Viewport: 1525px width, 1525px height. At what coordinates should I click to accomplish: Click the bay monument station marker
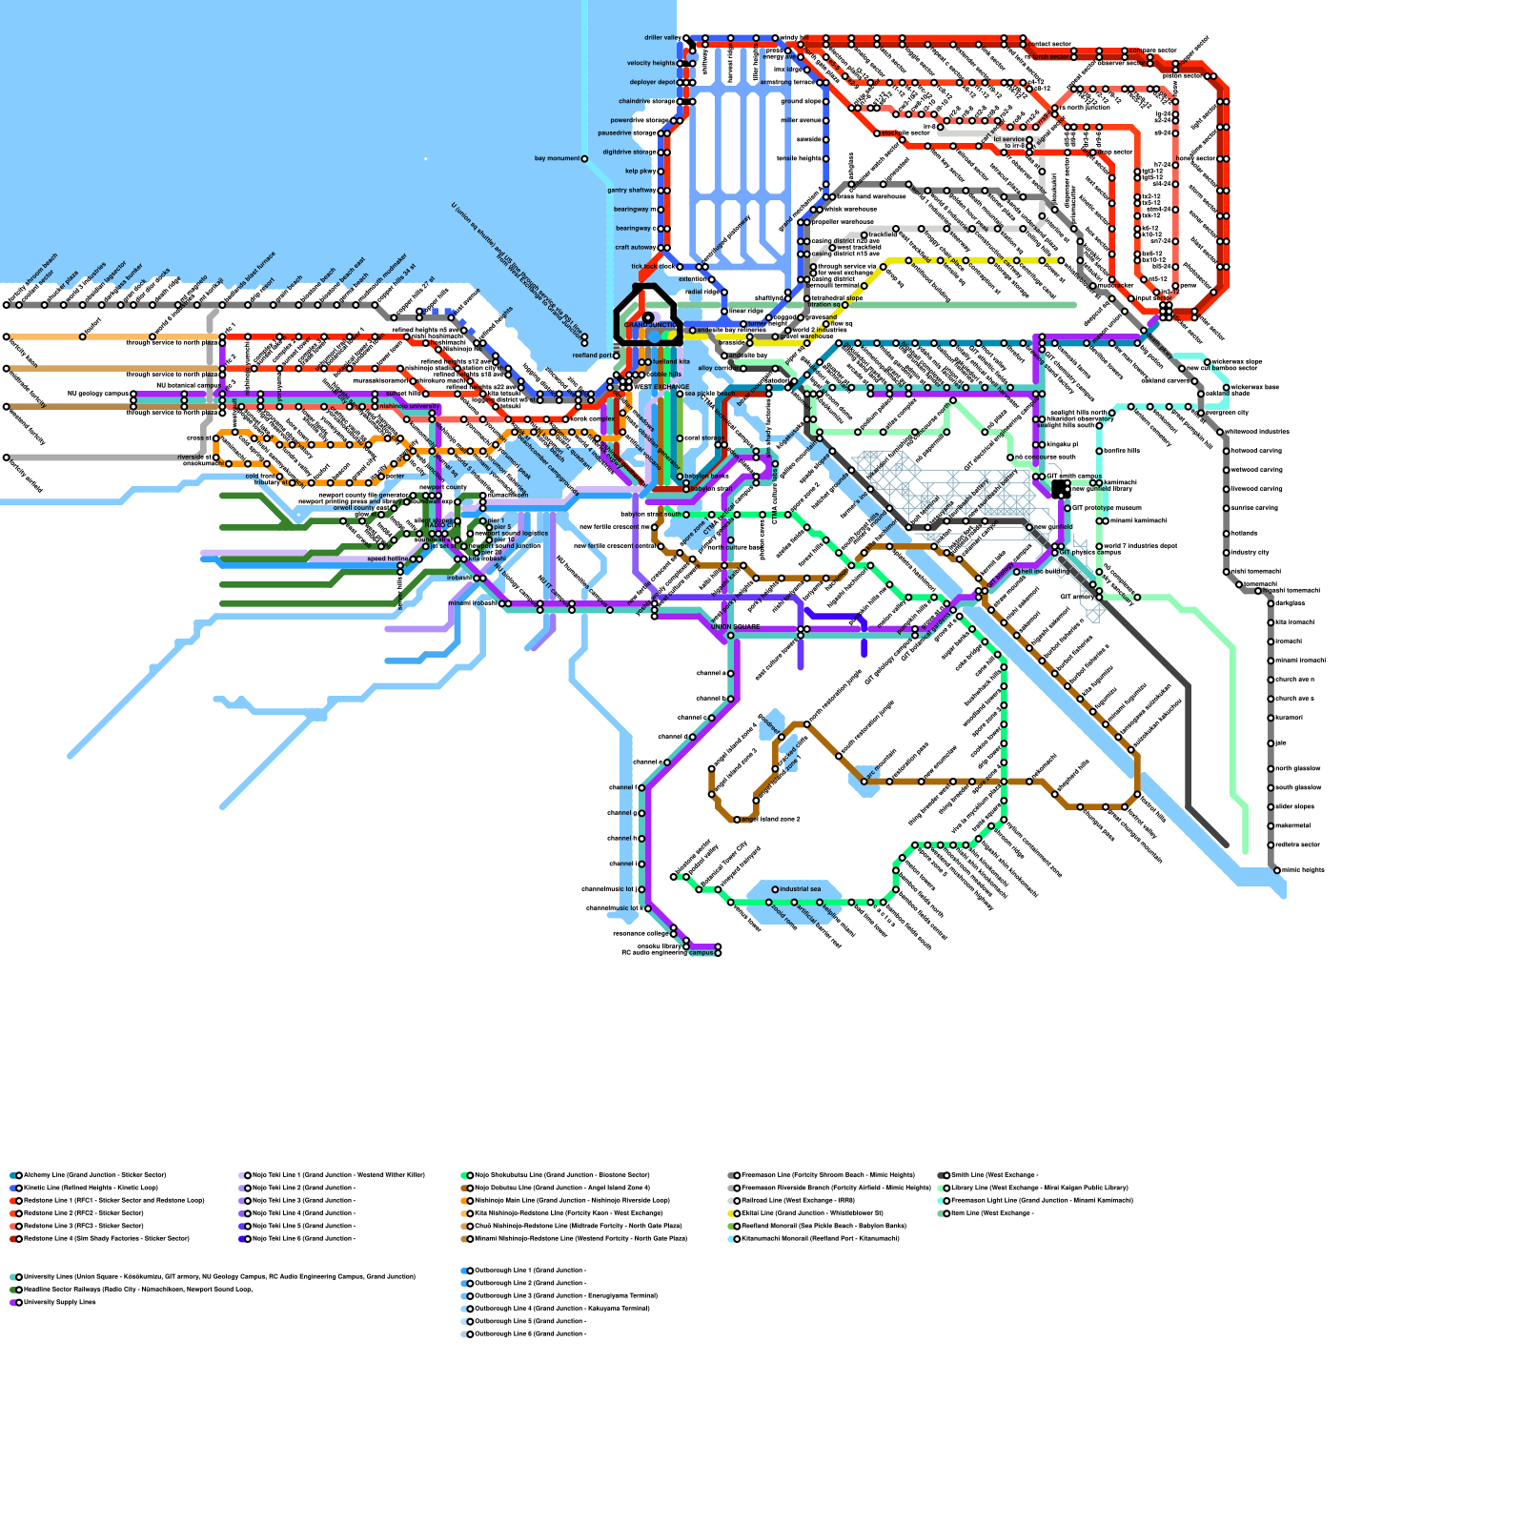pyautogui.click(x=584, y=159)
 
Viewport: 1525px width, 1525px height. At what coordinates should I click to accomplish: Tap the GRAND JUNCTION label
pyautogui.click(x=650, y=325)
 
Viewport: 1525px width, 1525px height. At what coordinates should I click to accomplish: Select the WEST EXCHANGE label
pyautogui.click(x=661, y=387)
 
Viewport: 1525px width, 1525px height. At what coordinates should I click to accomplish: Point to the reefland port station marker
pyautogui.click(x=615, y=356)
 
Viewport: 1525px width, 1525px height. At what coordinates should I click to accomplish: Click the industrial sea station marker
pyautogui.click(x=775, y=889)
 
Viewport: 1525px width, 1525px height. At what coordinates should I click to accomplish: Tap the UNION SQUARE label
pyautogui.click(x=735, y=627)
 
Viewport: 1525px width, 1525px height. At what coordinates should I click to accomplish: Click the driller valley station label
pyautogui.click(x=661, y=38)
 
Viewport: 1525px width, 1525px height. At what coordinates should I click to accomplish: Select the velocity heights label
pyautogui.click(x=651, y=63)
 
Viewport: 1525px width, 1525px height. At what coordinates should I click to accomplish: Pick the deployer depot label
pyautogui.click(x=652, y=82)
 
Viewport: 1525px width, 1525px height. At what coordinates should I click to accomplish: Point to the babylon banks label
pyautogui.click(x=706, y=476)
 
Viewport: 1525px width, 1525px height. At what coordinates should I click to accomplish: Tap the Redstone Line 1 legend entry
pyautogui.click(x=110, y=1200)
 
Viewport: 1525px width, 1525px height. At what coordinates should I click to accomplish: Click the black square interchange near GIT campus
pyautogui.click(x=1060, y=489)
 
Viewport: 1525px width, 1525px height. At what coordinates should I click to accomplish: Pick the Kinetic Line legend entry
pyautogui.click(x=91, y=1188)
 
